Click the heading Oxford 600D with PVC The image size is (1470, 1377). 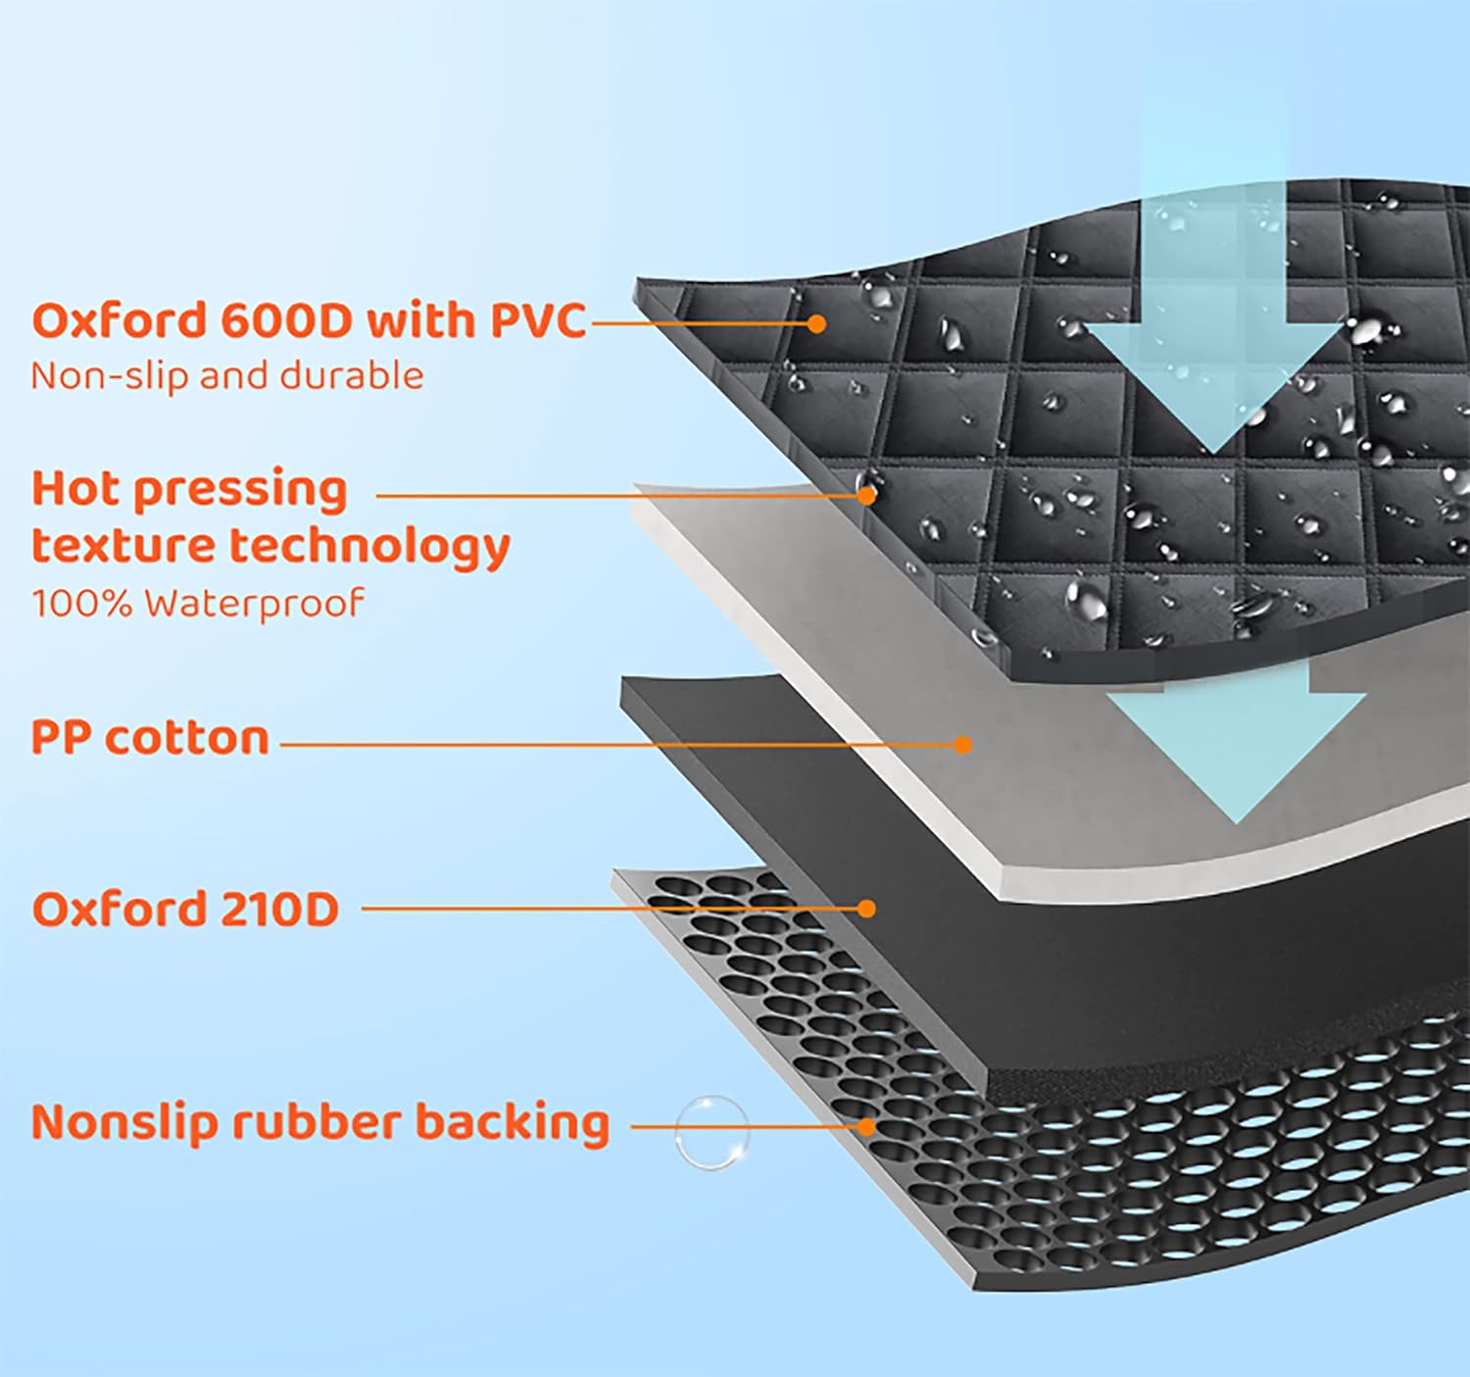(309, 321)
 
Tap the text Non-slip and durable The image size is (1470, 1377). (227, 376)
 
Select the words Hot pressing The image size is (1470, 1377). (189, 489)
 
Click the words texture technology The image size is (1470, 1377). (270, 546)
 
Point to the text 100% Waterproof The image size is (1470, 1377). (197, 603)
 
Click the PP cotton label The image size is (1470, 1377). (150, 738)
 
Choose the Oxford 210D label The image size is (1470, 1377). (185, 909)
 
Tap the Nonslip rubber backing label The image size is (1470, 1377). (320, 1122)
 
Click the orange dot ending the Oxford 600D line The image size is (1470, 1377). (816, 322)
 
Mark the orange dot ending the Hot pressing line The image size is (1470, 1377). (866, 495)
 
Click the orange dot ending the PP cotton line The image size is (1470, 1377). (962, 745)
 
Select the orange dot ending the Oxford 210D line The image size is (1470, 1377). (865, 909)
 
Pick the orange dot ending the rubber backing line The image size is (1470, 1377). (866, 1126)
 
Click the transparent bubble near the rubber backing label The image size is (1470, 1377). (711, 1132)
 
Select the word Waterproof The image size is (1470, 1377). (254, 604)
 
